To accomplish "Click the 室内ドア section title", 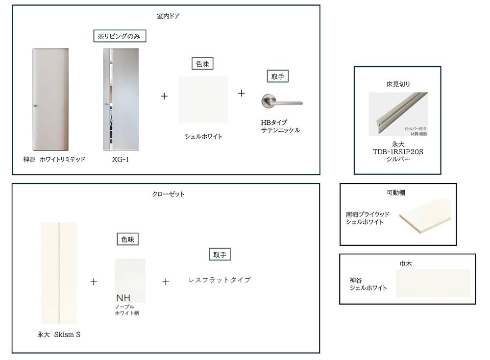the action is click(168, 16).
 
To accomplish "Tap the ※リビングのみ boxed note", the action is click(120, 36).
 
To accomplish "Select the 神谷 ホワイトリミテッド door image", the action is click(50, 99).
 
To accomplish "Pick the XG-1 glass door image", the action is click(121, 99).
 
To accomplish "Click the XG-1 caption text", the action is click(121, 159).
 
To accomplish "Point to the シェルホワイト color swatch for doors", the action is click(203, 100).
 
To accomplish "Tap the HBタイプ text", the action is click(274, 122).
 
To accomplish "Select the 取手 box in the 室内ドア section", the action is click(277, 76).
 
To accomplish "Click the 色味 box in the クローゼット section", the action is click(127, 240).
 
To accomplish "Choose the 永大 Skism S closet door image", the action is click(59, 273).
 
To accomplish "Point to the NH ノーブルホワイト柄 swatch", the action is click(130, 281).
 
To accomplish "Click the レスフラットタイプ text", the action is click(220, 280).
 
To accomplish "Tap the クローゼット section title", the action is click(168, 194).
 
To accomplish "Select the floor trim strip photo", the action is click(398, 114).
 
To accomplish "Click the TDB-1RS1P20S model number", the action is click(398, 152).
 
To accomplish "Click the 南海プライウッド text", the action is click(367, 215).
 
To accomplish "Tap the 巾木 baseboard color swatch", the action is click(433, 283).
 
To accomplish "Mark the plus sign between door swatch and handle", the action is click(241, 93).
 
